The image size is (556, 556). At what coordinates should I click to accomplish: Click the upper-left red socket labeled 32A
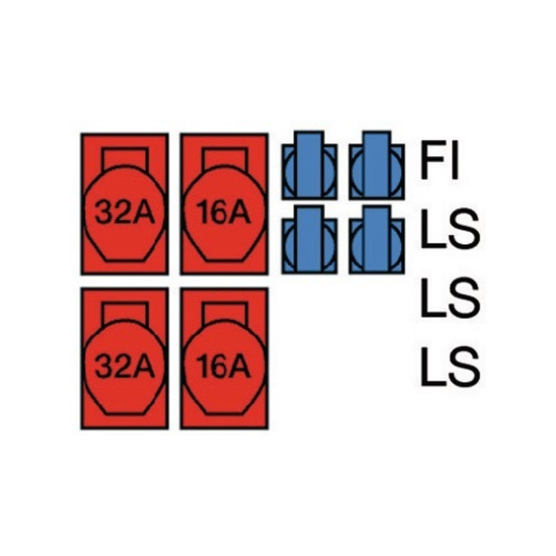tap(124, 204)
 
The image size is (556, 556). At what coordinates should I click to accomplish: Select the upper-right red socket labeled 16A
tap(224, 204)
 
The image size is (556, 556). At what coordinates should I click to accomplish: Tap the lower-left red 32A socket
tap(124, 358)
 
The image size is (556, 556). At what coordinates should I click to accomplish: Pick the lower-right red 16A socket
tap(224, 358)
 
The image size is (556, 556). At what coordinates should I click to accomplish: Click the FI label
tap(439, 161)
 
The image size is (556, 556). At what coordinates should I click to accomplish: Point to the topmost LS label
tap(449, 229)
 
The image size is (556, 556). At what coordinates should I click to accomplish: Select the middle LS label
tap(449, 297)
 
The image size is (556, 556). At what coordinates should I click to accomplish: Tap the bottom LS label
tap(449, 366)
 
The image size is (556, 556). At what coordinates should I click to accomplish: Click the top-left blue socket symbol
tap(310, 165)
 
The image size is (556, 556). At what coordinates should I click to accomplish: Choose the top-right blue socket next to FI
tap(377, 165)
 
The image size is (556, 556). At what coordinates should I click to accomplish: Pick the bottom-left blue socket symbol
tap(310, 239)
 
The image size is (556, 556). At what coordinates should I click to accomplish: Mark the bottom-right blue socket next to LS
tap(377, 239)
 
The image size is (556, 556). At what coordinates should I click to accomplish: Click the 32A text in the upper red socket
tap(124, 213)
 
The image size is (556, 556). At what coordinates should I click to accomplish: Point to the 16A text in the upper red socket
tap(223, 213)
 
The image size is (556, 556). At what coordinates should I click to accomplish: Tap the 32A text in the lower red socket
tap(124, 367)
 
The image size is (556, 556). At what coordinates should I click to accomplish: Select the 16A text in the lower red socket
tap(223, 367)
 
